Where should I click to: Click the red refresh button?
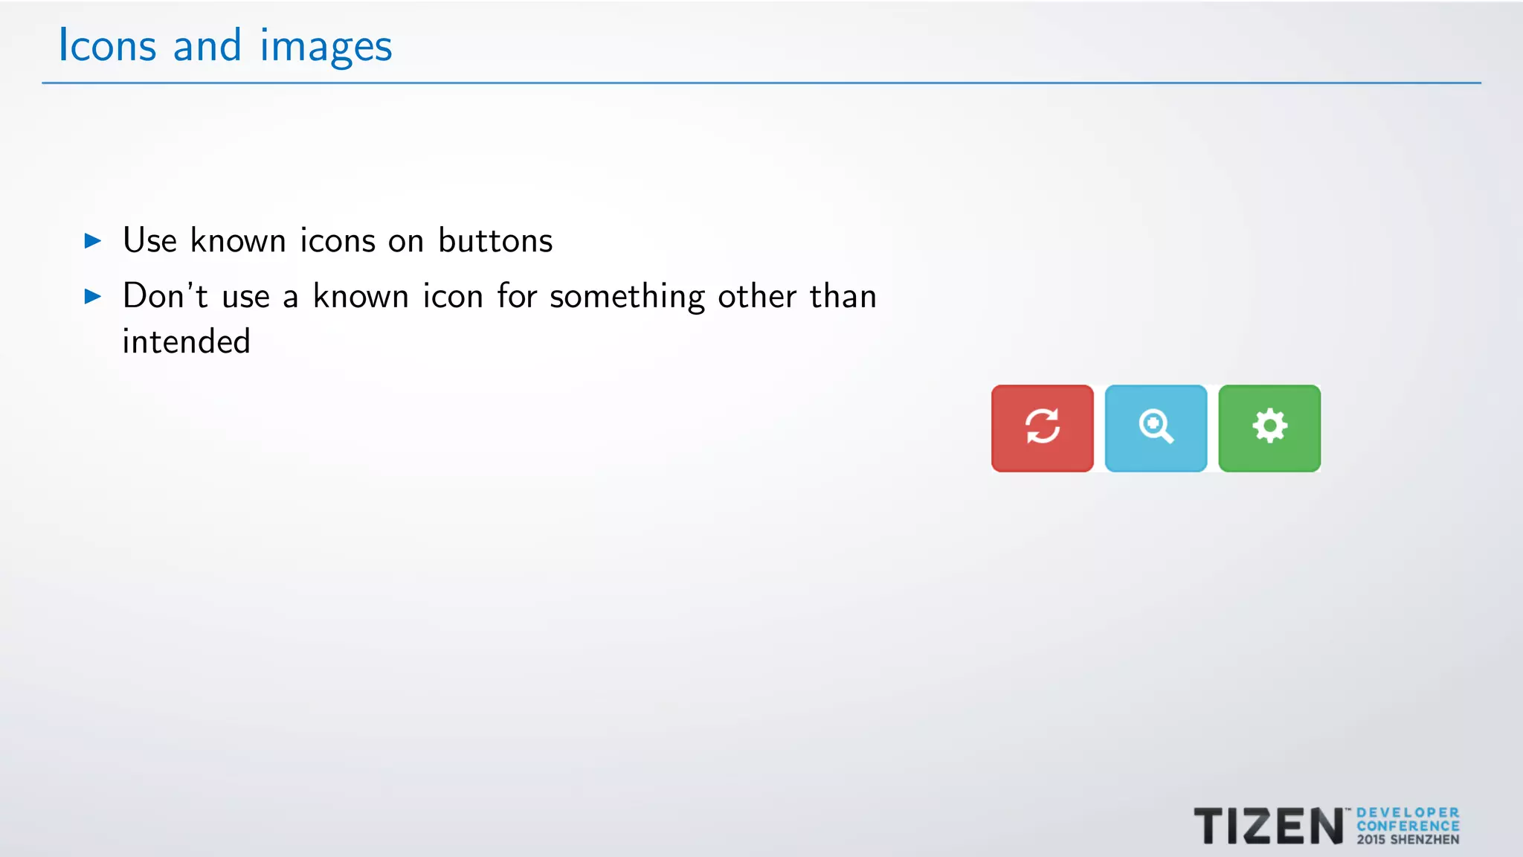(x=1042, y=428)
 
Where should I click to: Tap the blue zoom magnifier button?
(x=1156, y=428)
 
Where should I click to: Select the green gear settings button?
(x=1269, y=428)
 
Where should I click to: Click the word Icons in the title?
(x=107, y=45)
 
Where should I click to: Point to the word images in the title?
(x=326, y=47)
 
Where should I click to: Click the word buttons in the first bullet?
(x=495, y=240)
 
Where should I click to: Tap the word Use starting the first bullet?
(x=149, y=240)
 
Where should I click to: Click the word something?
(x=627, y=297)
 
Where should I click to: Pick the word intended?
(x=186, y=341)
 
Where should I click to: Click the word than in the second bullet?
(x=843, y=295)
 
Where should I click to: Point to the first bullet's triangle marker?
(x=93, y=240)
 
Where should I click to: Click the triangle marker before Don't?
(x=93, y=297)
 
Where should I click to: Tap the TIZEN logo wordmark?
(x=1269, y=826)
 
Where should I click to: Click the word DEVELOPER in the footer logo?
(x=1408, y=813)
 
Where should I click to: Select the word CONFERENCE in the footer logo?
(x=1408, y=826)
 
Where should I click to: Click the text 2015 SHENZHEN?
(x=1408, y=839)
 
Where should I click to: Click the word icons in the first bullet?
(x=338, y=240)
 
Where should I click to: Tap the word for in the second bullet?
(x=516, y=295)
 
